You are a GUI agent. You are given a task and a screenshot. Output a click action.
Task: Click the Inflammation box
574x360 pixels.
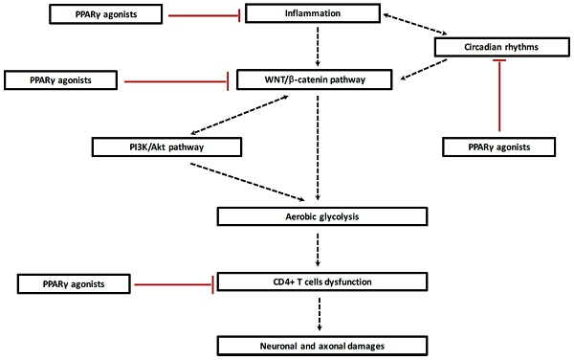[x=313, y=13]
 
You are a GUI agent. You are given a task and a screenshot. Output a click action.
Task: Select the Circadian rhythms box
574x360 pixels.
[x=502, y=47]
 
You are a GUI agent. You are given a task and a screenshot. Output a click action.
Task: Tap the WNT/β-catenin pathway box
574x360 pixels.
[x=315, y=79]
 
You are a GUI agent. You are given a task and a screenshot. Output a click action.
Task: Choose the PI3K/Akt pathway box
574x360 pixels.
[x=166, y=146]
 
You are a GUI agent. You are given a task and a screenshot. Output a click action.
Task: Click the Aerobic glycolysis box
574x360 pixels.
[x=322, y=216]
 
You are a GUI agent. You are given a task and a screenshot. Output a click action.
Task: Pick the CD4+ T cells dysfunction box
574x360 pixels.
[x=322, y=281]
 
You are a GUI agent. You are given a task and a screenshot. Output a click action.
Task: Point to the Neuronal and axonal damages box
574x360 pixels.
[x=322, y=346]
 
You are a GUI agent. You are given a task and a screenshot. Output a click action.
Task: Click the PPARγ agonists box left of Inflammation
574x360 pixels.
[x=106, y=14]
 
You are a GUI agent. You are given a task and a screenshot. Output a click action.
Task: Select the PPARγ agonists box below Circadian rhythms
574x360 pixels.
[x=499, y=146]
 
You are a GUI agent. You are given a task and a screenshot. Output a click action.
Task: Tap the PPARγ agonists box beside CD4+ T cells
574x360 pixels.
[x=74, y=283]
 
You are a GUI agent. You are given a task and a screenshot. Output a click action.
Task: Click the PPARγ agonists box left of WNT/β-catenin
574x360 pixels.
[x=60, y=80]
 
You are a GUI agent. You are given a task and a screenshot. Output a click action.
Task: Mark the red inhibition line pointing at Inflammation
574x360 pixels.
[x=204, y=15]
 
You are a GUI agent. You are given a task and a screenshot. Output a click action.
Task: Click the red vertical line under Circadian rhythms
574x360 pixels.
[x=499, y=95]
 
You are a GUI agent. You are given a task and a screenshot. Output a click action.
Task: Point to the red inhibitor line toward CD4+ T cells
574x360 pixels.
[x=174, y=284]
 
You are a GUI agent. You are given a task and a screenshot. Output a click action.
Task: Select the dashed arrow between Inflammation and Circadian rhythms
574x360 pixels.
[x=415, y=24]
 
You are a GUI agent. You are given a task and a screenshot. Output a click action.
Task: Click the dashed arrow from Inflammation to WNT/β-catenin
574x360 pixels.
[x=318, y=47]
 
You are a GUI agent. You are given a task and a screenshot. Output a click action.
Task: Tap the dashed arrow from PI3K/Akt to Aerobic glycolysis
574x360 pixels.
[x=248, y=182]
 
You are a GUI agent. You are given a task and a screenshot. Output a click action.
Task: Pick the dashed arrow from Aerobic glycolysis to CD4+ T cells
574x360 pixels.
[x=318, y=249]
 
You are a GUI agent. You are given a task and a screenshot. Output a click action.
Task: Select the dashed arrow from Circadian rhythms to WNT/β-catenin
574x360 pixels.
[x=424, y=69]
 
